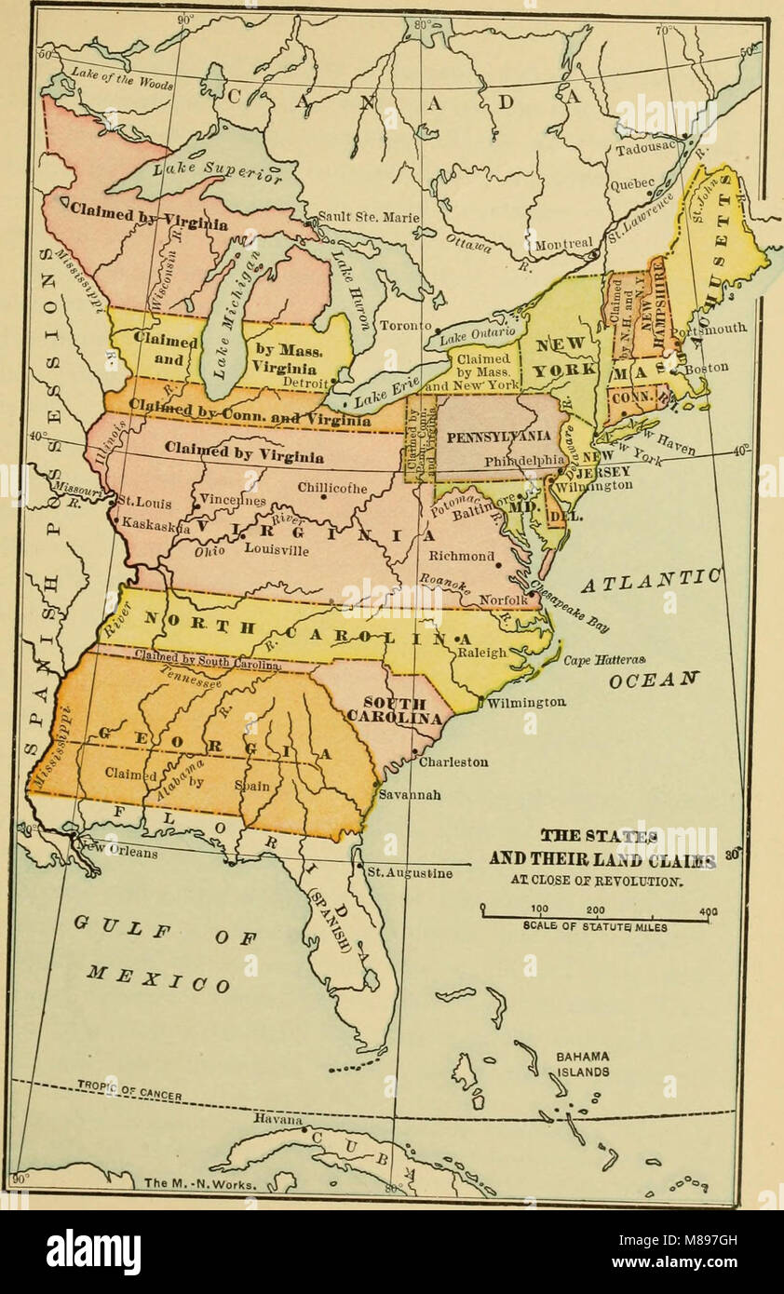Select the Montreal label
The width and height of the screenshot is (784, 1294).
(x=562, y=244)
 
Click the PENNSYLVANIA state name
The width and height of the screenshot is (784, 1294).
(x=498, y=437)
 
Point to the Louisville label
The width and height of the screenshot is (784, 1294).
(x=277, y=549)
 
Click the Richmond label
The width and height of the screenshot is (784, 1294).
(x=461, y=556)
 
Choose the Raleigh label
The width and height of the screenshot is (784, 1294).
(x=481, y=653)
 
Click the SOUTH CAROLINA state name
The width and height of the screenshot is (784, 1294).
(x=394, y=711)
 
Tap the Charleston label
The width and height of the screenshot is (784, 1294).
(x=453, y=762)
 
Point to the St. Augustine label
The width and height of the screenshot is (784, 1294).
(x=409, y=873)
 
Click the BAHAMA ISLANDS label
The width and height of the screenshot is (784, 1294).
(x=583, y=1064)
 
